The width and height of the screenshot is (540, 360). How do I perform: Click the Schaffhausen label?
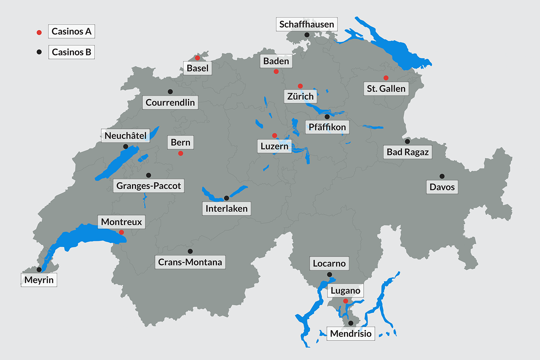[307, 24]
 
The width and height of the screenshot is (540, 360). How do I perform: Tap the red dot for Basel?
[197, 58]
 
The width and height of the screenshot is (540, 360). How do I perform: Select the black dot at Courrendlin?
[170, 92]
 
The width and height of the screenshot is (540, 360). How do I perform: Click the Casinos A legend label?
[71, 31]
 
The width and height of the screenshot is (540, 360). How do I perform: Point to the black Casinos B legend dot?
[39, 52]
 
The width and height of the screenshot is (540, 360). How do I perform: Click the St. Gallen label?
[386, 89]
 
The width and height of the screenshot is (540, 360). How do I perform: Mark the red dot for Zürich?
[300, 86]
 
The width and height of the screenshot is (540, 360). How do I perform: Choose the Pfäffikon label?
[327, 127]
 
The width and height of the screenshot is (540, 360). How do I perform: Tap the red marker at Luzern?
[275, 136]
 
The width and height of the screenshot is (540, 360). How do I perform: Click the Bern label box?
[180, 143]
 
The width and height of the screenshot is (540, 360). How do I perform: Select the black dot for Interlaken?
[226, 198]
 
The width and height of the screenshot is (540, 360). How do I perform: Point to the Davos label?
[442, 187]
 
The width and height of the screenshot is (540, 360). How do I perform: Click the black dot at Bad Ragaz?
[408, 141]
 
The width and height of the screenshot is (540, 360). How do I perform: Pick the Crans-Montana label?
[190, 262]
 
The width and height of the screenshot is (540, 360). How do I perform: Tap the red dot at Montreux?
[122, 233]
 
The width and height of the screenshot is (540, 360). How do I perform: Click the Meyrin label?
[39, 280]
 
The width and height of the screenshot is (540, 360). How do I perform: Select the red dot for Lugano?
[346, 301]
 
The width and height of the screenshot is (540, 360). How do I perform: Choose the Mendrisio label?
[351, 334]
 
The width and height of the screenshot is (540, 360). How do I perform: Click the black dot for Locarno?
[329, 275]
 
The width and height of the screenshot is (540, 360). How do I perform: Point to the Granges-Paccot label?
[148, 186]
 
